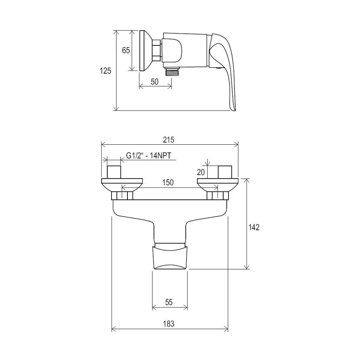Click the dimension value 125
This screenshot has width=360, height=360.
click(105, 71)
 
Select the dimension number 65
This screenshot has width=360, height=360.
click(126, 50)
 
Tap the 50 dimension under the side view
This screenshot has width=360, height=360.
click(154, 82)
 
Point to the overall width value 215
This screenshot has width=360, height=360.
click(169, 140)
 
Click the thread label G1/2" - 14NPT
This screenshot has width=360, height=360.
click(149, 156)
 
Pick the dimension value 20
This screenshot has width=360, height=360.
click(201, 172)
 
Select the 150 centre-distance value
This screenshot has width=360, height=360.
click(168, 183)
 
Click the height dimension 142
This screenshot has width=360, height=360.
click(254, 227)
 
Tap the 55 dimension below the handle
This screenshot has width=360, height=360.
click(169, 302)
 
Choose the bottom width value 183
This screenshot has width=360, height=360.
click(169, 324)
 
